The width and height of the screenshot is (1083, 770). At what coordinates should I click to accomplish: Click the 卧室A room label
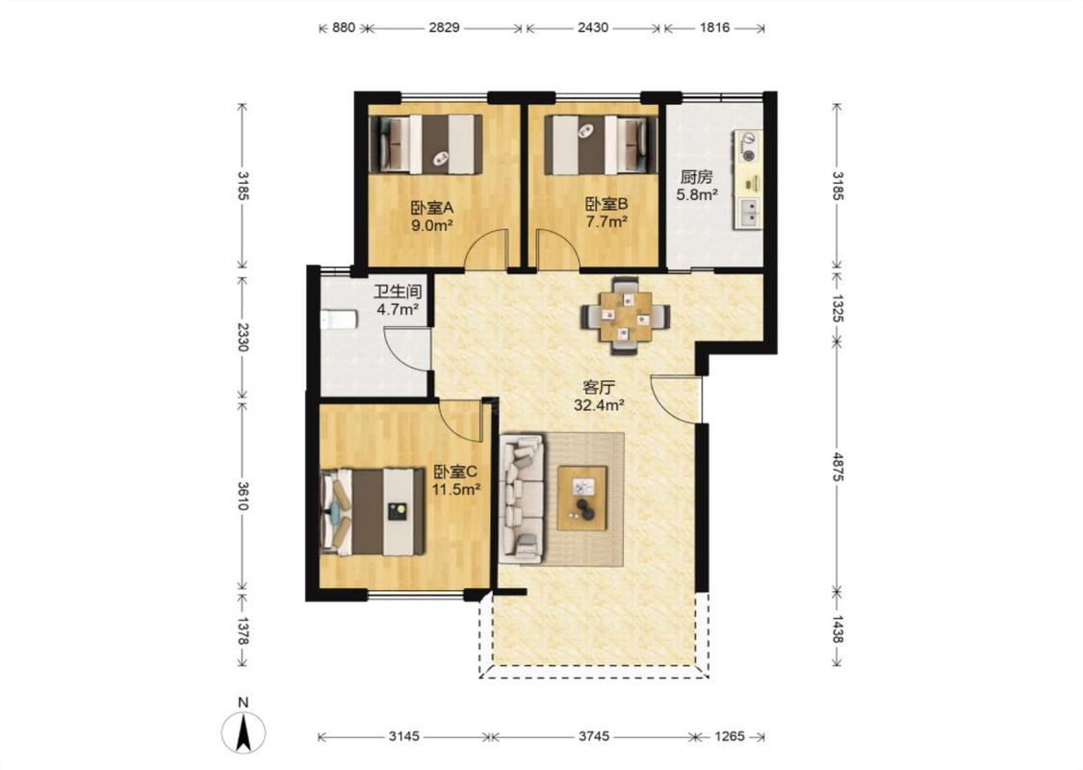pyautogui.click(x=431, y=207)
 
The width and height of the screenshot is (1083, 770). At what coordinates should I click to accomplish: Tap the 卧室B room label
pyautogui.click(x=606, y=204)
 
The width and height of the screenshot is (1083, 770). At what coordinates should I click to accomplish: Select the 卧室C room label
pyautogui.click(x=455, y=472)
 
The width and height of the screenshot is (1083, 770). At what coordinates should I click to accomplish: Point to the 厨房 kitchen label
pyautogui.click(x=695, y=177)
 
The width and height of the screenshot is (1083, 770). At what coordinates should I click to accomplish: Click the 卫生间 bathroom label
pyautogui.click(x=398, y=292)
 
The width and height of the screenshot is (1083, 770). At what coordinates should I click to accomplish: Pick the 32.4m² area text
pyautogui.click(x=599, y=405)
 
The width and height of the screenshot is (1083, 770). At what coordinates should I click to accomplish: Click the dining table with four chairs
pyautogui.click(x=625, y=317)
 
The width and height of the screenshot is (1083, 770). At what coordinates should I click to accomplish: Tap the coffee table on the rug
pyautogui.click(x=582, y=498)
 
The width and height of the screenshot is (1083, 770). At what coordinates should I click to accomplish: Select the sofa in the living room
pyautogui.click(x=522, y=497)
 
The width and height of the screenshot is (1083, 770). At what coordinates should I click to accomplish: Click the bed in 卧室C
pyautogui.click(x=373, y=512)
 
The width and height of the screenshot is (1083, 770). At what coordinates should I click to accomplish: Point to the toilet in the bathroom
pyautogui.click(x=339, y=320)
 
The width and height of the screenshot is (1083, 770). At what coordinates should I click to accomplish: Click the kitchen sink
pyautogui.click(x=748, y=212)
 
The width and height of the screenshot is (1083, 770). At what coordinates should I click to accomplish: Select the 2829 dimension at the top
pyautogui.click(x=444, y=28)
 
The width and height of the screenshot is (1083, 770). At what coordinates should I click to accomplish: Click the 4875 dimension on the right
pyautogui.click(x=838, y=467)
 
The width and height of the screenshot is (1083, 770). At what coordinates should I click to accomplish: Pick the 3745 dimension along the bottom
pyautogui.click(x=594, y=736)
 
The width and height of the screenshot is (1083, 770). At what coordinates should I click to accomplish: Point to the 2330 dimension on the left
pyautogui.click(x=243, y=336)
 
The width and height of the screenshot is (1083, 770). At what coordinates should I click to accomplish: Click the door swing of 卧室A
pyautogui.click(x=486, y=249)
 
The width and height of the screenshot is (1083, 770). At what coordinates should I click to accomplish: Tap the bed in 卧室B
pyautogui.click(x=601, y=144)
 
